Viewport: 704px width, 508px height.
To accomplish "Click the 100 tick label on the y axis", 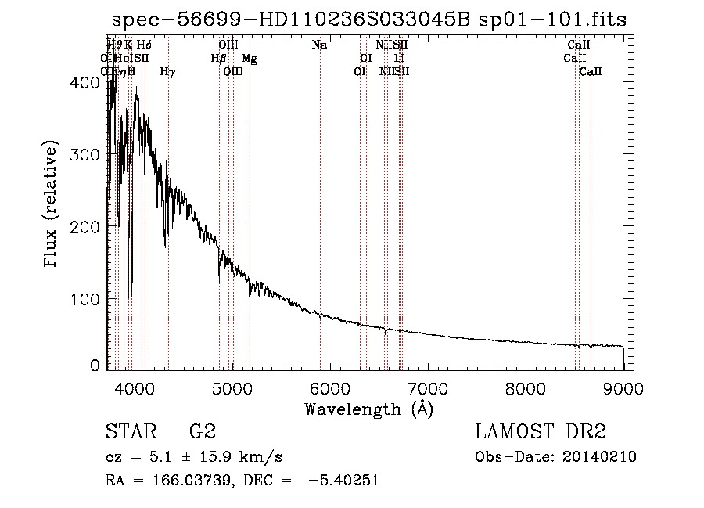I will (x=88, y=300).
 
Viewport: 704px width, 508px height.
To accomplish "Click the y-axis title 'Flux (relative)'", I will (x=52, y=205).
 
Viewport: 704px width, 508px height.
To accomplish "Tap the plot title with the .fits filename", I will (x=369, y=20).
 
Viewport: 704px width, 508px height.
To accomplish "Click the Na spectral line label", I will (x=319, y=45).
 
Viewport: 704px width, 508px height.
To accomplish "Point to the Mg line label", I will (x=249, y=59).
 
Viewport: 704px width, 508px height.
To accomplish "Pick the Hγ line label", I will (x=167, y=72).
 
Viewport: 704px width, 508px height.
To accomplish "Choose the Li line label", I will (x=399, y=59).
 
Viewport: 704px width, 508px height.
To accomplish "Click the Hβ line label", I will (x=218, y=59).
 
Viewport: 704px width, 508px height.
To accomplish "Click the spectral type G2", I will (x=203, y=433).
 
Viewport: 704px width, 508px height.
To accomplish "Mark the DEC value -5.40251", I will (x=343, y=481).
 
